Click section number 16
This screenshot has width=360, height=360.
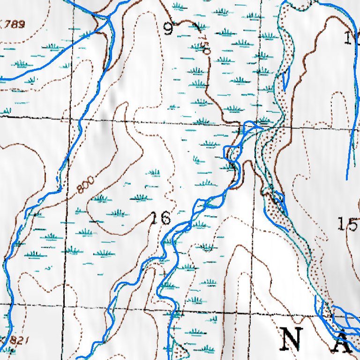click(159, 218)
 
